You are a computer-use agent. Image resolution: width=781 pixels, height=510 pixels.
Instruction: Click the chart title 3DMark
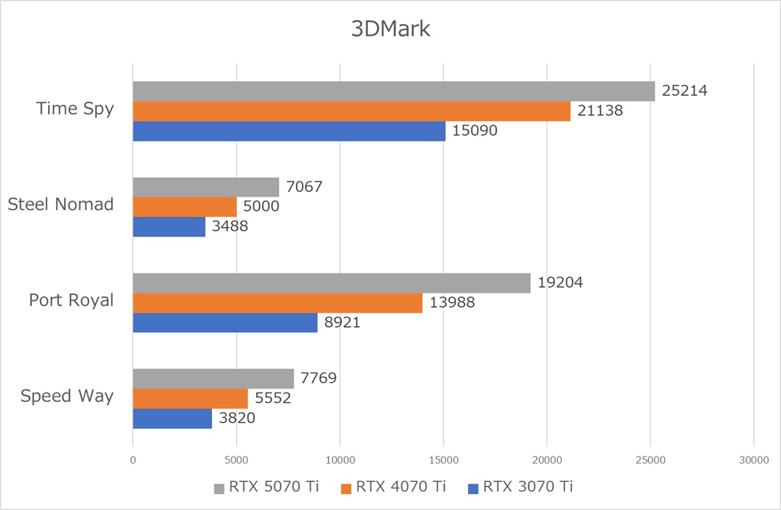[390, 30]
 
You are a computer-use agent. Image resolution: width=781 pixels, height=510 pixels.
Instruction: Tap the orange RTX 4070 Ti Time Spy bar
[351, 111]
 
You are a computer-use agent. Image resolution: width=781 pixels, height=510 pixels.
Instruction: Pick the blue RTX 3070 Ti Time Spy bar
[289, 130]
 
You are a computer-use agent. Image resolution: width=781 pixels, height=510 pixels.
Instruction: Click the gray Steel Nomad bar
[206, 187]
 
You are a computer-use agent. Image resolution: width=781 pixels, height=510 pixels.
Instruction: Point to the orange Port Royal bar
[277, 303]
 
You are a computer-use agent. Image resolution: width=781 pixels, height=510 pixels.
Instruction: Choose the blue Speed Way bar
[172, 418]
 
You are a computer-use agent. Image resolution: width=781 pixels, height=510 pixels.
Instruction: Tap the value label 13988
[451, 303]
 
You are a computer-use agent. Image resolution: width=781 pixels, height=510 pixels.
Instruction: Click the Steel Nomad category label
[60, 205]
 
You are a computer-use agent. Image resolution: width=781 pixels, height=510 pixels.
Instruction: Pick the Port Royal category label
[71, 301]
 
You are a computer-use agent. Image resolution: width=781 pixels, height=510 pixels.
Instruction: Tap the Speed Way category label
[67, 396]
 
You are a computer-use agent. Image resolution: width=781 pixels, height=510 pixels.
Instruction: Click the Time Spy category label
[74, 109]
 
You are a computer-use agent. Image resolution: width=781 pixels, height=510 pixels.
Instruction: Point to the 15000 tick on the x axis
[443, 460]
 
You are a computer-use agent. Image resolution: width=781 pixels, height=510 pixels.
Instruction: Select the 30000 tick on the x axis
[753, 460]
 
